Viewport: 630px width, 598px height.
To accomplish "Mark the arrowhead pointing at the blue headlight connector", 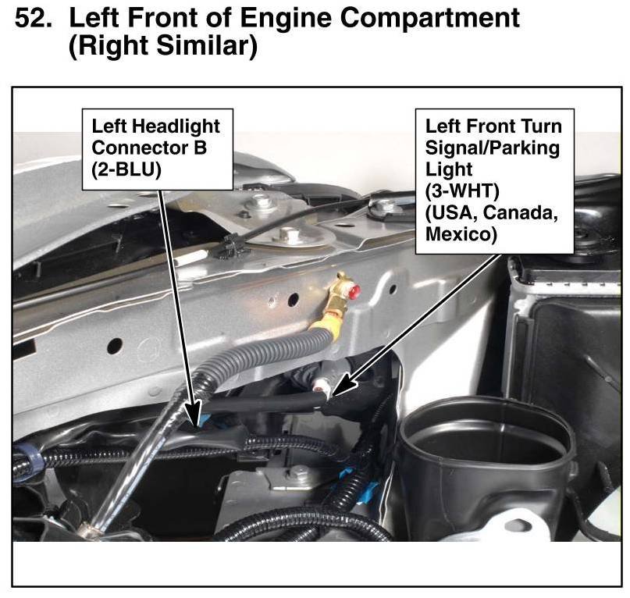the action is pos(194,414).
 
